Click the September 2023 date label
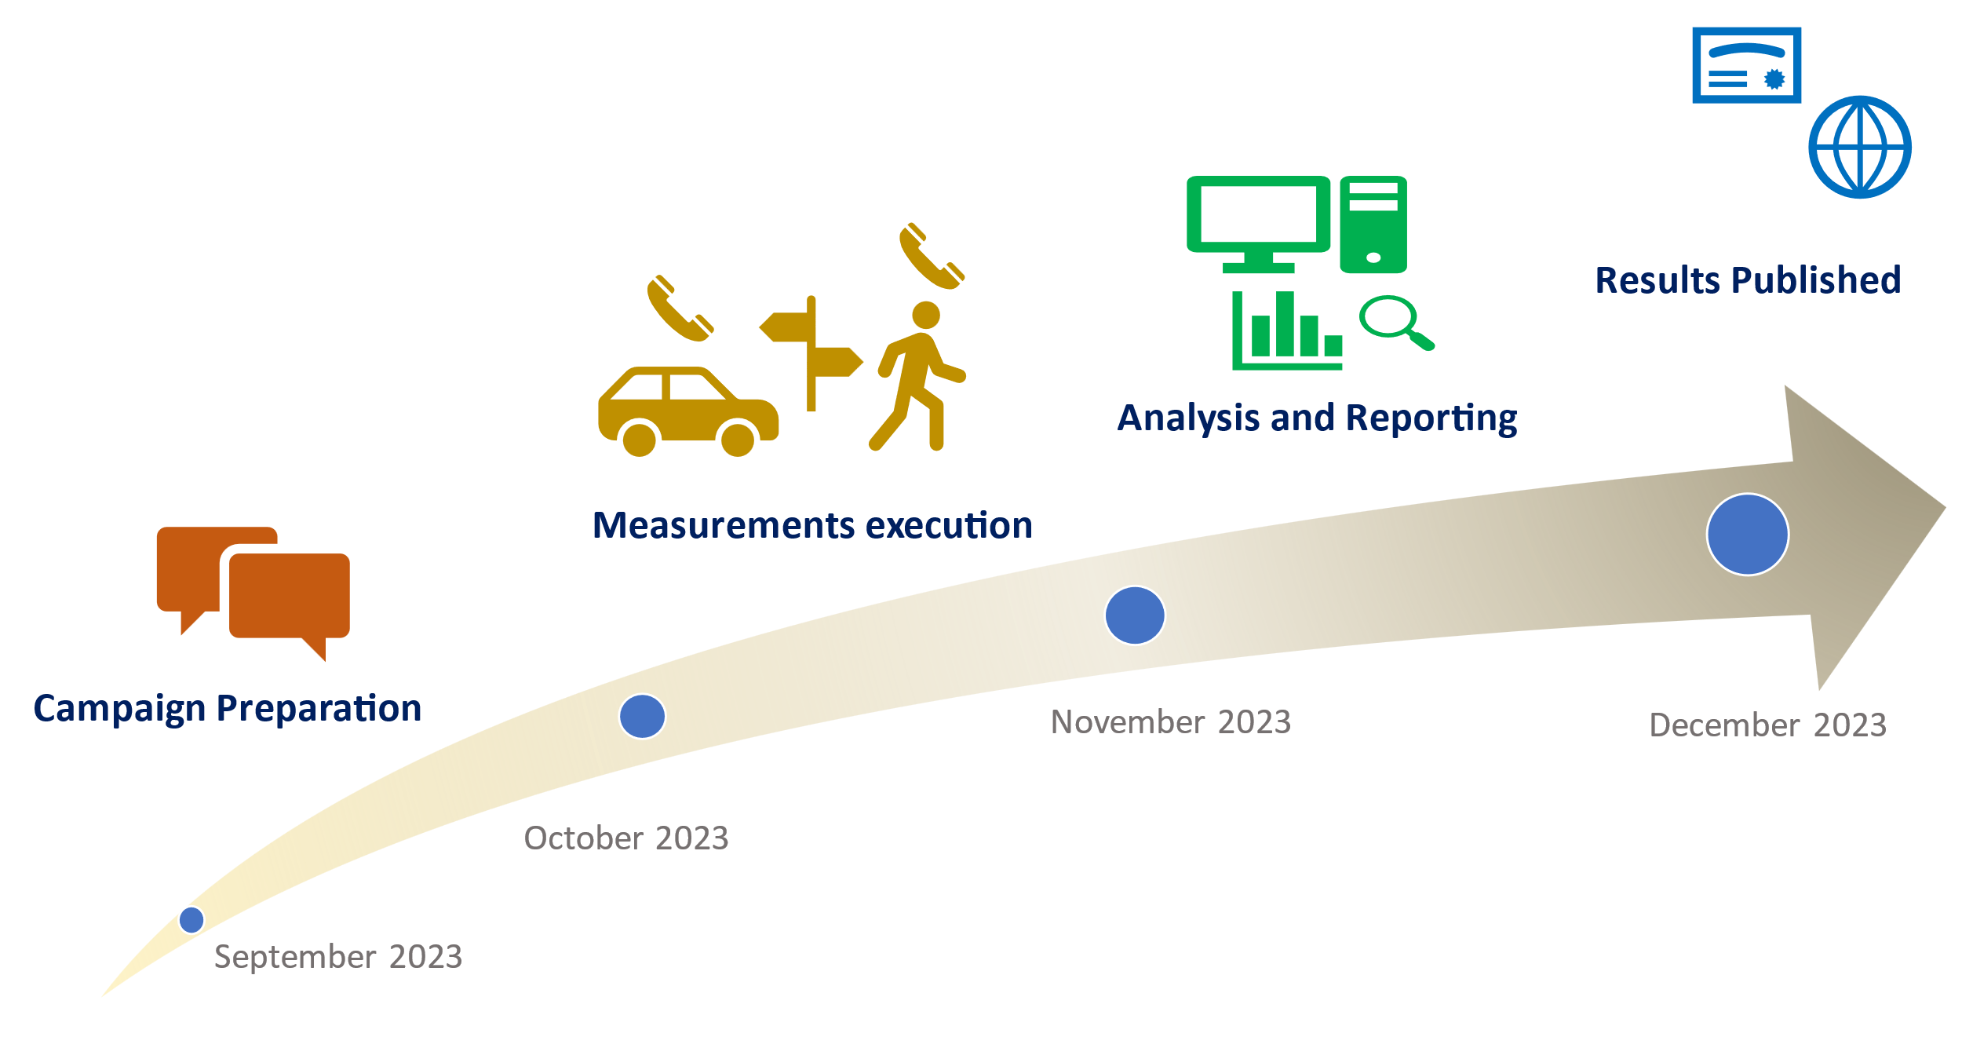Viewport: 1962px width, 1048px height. (338, 957)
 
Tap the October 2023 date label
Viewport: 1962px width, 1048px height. (626, 838)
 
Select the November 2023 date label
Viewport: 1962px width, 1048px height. (1170, 722)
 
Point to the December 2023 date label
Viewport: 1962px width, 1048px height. (1767, 725)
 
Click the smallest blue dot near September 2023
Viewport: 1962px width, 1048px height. (191, 919)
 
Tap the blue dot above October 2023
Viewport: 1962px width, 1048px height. (642, 716)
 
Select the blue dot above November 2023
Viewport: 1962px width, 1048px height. (1135, 615)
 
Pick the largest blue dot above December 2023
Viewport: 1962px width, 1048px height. (1748, 535)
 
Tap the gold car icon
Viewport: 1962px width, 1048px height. (687, 411)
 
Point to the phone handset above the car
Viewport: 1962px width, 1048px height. (680, 309)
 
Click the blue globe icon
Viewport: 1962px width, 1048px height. (1860, 147)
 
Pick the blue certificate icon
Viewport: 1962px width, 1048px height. (1746, 65)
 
